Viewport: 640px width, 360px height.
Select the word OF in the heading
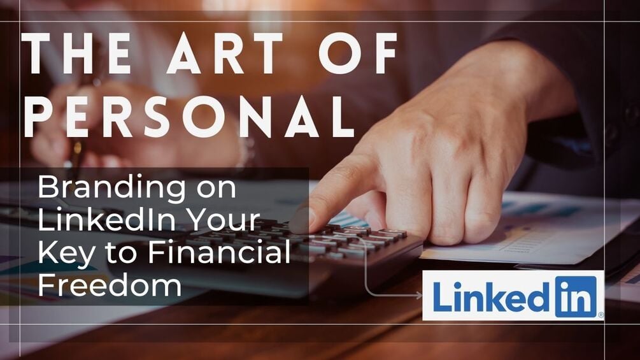pyautogui.click(x=359, y=53)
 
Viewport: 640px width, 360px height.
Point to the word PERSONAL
pyautogui.click(x=189, y=117)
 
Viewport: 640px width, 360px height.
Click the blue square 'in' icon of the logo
pyautogui.click(x=576, y=297)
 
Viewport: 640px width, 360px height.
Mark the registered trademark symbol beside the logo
pyautogui.click(x=600, y=315)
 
